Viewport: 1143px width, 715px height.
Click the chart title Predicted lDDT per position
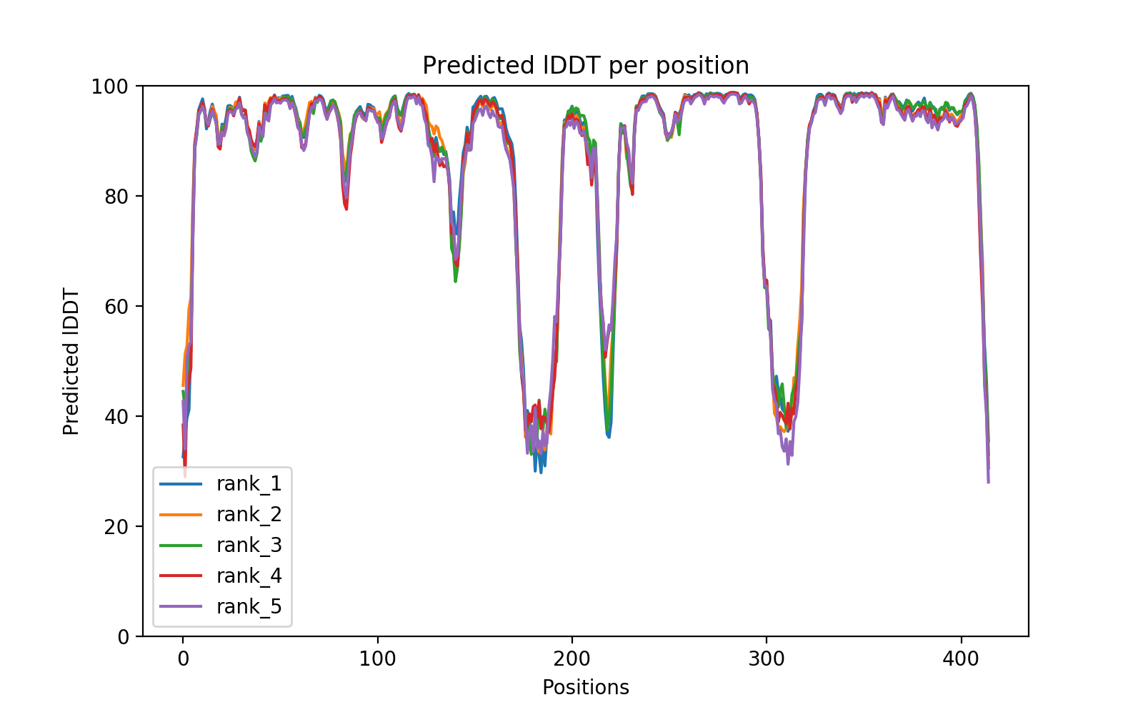586,66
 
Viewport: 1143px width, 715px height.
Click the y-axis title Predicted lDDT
71,361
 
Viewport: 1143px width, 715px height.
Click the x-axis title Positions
586,688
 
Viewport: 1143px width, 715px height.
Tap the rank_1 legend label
249,484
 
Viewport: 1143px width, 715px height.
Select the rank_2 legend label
249,515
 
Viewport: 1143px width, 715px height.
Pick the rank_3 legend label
249,546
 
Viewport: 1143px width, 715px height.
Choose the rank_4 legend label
249,576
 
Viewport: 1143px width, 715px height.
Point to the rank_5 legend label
249,607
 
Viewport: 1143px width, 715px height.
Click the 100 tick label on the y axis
109,87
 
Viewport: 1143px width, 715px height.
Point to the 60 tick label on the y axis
116,307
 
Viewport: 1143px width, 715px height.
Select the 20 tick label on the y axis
116,527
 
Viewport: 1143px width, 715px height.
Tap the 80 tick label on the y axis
116,197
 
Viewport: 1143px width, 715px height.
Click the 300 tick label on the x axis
767,658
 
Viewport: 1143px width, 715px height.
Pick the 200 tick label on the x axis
571,658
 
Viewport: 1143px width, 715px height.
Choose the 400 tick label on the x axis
961,658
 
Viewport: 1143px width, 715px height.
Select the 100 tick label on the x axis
377,658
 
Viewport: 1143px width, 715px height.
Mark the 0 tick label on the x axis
183,658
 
